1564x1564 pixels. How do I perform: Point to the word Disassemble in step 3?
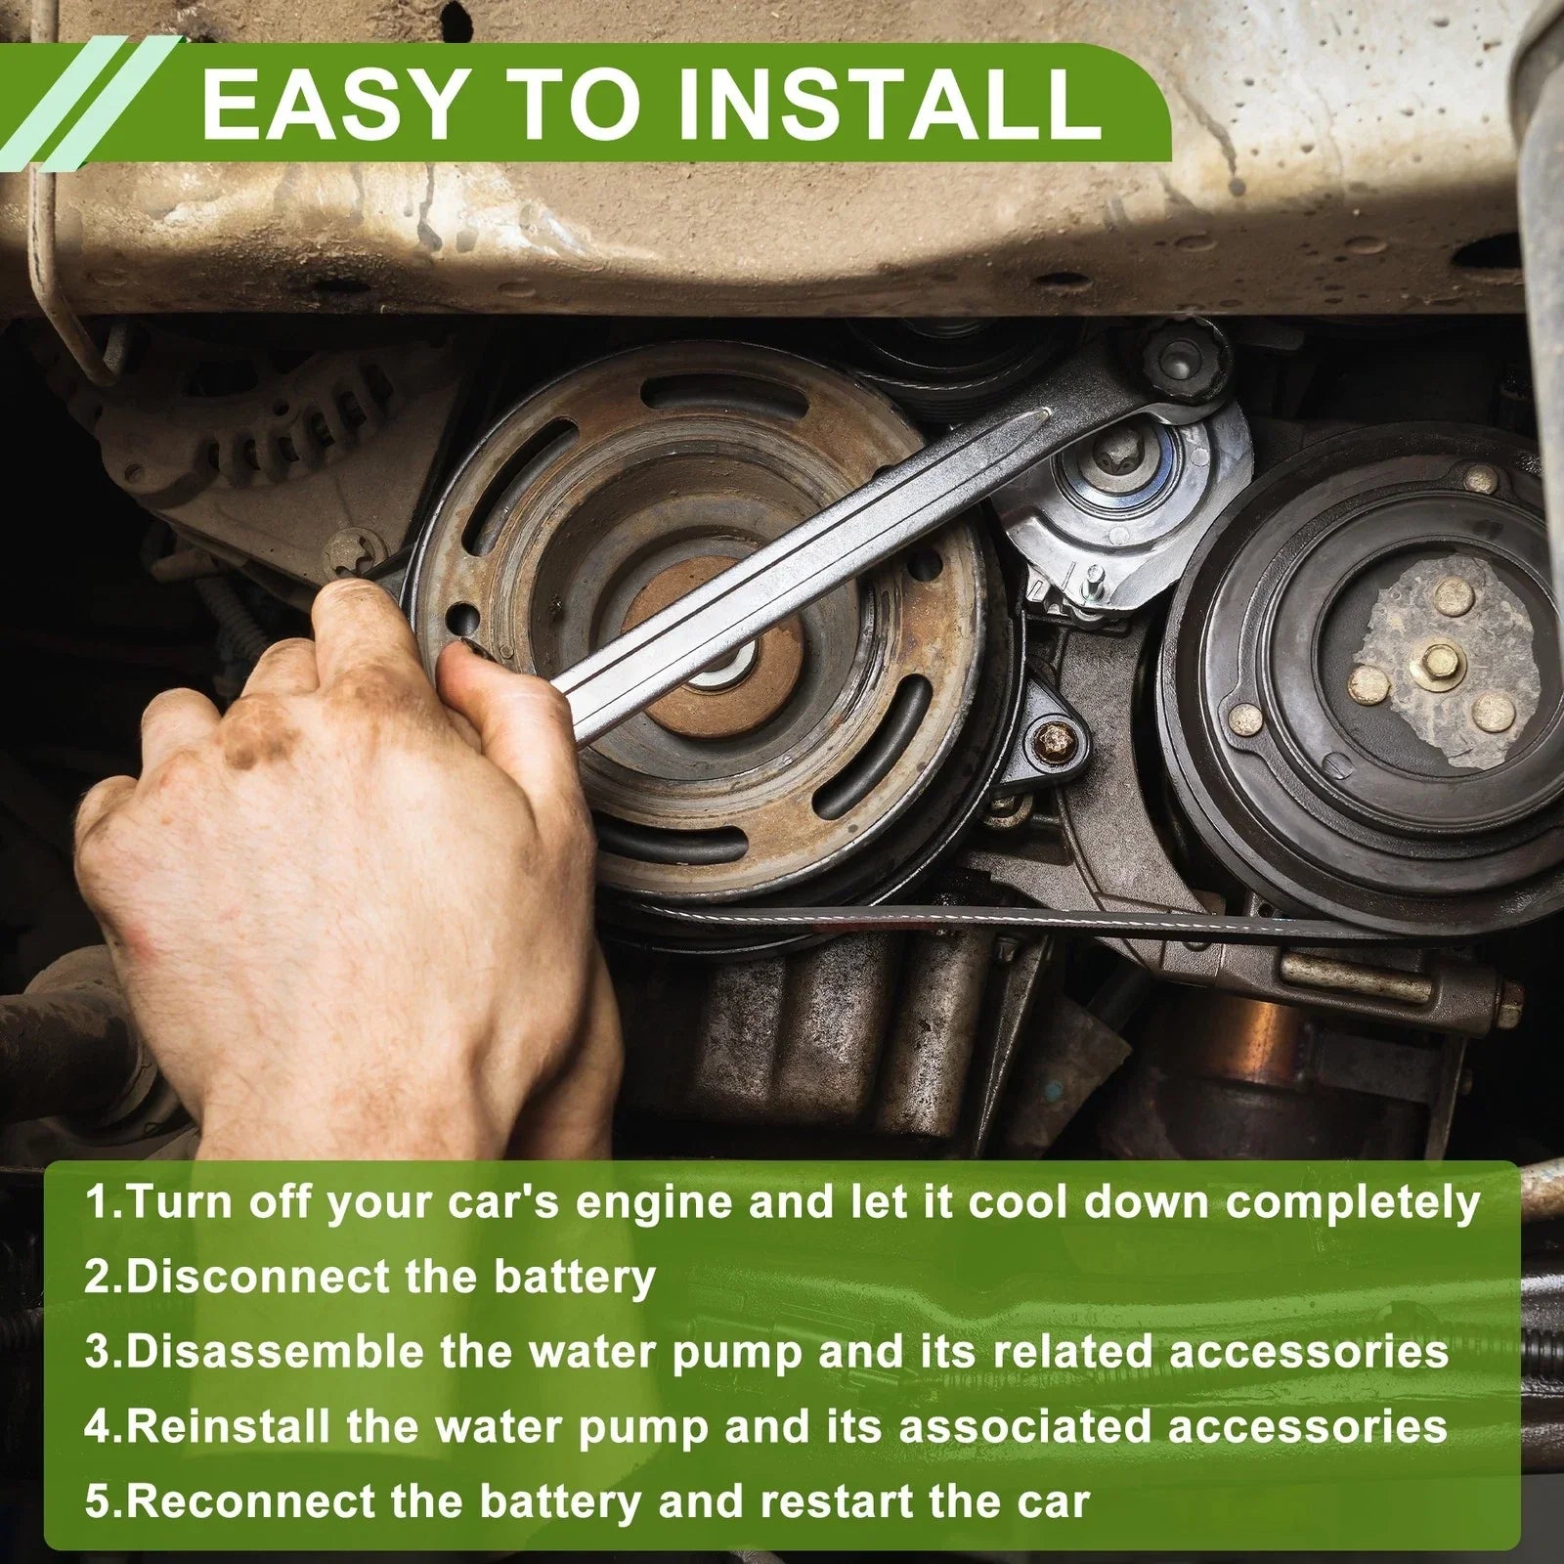tap(276, 1352)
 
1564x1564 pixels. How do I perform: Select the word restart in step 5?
tap(837, 1500)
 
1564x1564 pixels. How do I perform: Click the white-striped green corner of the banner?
tap(88, 98)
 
